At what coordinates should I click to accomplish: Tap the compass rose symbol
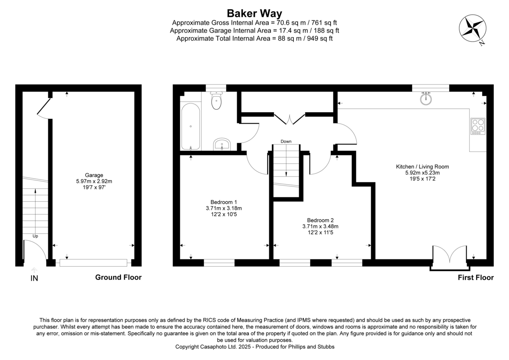pos(472,29)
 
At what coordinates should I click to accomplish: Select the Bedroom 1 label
pos(224,202)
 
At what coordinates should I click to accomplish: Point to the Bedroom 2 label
pos(320,220)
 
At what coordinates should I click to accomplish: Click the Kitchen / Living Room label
pos(422,166)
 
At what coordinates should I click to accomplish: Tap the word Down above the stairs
pos(286,141)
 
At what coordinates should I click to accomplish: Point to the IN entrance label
pos(34,278)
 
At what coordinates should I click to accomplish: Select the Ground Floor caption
pos(118,278)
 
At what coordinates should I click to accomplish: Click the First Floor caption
pos(475,278)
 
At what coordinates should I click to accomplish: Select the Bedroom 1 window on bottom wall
pos(219,263)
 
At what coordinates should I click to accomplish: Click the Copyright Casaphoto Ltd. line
pos(255,347)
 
